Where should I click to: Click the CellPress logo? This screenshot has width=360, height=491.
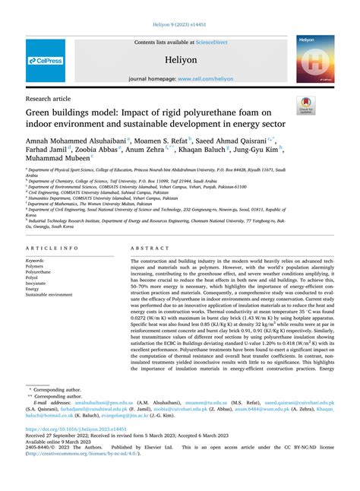tap(46, 61)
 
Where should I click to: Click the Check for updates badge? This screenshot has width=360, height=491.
tap(306, 106)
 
